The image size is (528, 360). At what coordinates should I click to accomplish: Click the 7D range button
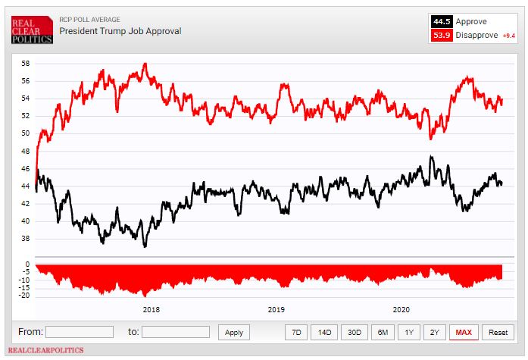point(297,332)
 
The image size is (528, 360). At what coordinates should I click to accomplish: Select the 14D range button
point(325,332)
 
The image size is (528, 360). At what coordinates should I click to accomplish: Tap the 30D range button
point(354,332)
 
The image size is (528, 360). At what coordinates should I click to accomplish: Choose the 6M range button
point(383,332)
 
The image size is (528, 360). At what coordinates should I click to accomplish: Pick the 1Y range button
point(409,332)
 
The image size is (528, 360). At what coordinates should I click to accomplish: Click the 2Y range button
point(434,332)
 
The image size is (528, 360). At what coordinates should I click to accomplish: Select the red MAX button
point(464,332)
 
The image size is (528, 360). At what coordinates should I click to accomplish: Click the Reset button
point(498,332)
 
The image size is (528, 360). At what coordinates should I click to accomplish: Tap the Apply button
point(234,332)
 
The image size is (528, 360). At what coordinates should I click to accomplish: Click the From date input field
point(80,332)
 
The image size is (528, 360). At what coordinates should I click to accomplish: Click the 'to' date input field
point(176,332)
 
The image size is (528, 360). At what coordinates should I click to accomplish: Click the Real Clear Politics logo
point(31,29)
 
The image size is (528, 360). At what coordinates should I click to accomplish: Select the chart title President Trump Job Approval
point(120,32)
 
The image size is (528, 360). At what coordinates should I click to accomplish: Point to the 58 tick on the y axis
point(26,63)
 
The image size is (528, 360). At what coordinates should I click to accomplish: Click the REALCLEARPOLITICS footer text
point(47,350)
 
